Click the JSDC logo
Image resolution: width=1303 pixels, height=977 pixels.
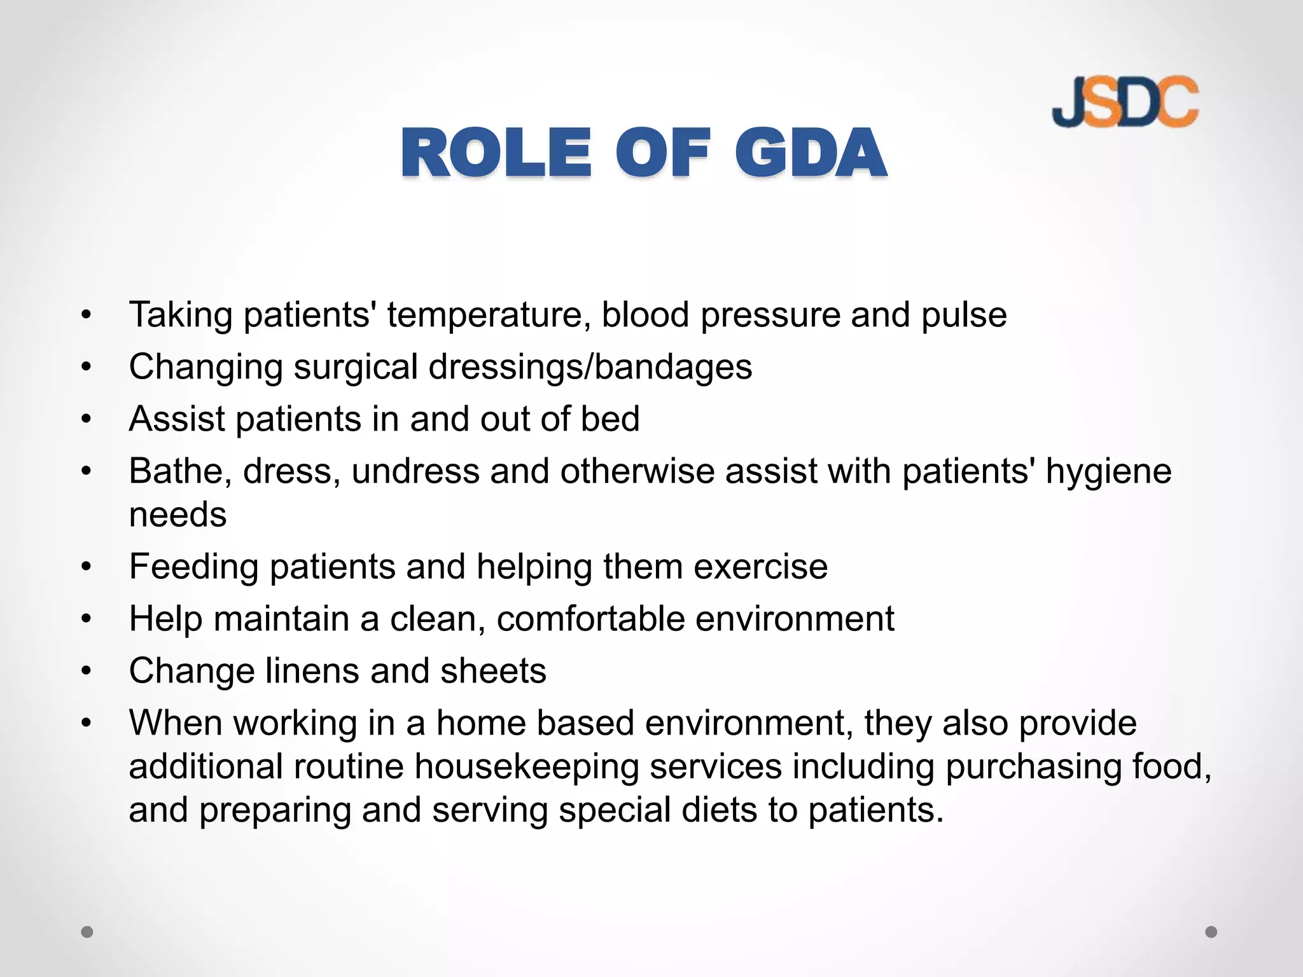(x=1125, y=102)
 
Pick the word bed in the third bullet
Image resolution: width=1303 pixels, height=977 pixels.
(x=610, y=419)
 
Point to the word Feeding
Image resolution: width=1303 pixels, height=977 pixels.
(x=193, y=567)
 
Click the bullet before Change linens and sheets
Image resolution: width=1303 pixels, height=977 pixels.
(x=87, y=671)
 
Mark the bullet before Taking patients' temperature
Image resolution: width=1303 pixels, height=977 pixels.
(x=87, y=315)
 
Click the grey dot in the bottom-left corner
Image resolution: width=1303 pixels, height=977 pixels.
(x=87, y=932)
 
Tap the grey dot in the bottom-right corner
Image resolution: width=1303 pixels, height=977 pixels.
(x=1211, y=932)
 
